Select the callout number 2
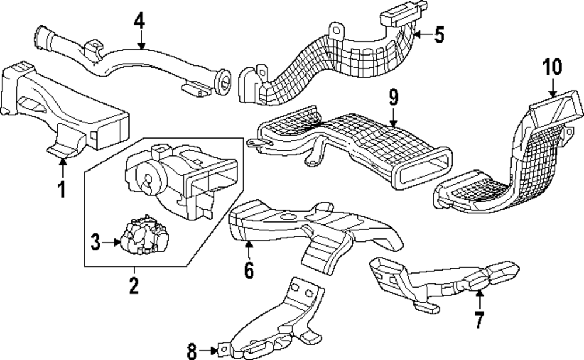[x=134, y=286]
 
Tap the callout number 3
[x=95, y=240]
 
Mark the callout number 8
[x=193, y=351]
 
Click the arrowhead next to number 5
[x=418, y=34]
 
